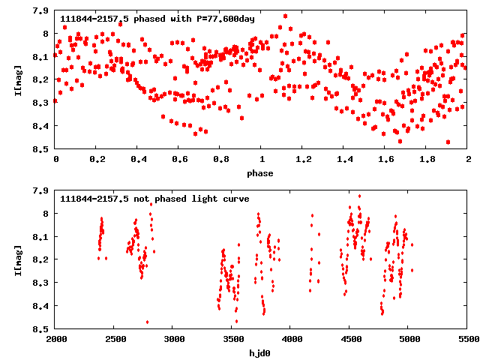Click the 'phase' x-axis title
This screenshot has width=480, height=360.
[x=262, y=173]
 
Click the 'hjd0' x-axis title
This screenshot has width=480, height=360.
[x=262, y=353]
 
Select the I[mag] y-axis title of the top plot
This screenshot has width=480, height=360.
[x=17, y=79]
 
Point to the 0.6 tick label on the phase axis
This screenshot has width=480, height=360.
[x=179, y=160]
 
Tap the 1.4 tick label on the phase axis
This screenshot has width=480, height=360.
[x=344, y=160]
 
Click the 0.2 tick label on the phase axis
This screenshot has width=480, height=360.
[x=97, y=160]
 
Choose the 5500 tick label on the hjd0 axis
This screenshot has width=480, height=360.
[x=467, y=340]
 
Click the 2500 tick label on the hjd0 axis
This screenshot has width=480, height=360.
[x=115, y=340]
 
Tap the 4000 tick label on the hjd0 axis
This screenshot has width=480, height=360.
[x=291, y=340]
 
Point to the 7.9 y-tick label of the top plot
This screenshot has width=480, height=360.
[x=41, y=11]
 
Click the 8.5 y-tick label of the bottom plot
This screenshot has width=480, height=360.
[x=41, y=329]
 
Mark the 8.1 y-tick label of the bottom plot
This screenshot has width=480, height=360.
[x=41, y=237]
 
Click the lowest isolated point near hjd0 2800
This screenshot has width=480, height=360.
[x=147, y=322]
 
